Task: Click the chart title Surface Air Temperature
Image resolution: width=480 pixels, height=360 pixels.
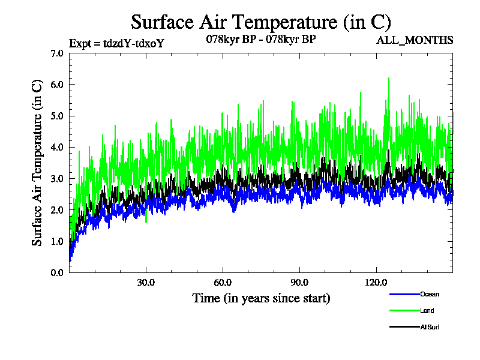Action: tap(261, 22)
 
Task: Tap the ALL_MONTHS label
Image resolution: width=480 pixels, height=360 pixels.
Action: tap(415, 41)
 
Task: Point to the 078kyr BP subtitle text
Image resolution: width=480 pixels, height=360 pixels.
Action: tap(261, 40)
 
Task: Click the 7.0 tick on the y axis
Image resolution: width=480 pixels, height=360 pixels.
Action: tap(57, 53)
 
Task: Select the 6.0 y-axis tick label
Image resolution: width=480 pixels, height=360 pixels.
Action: tap(57, 85)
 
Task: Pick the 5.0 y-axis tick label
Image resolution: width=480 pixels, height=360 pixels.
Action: tap(57, 116)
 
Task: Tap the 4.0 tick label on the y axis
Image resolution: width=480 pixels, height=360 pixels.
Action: tap(57, 147)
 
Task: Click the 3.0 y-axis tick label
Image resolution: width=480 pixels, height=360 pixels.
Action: tap(57, 179)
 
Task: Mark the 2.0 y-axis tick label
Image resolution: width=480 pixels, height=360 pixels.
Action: tap(57, 210)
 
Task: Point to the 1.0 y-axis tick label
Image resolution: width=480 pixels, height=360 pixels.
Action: tap(57, 241)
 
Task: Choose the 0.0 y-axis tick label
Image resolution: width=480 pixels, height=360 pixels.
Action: tap(57, 272)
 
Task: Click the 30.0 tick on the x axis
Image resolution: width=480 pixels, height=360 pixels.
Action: tap(146, 283)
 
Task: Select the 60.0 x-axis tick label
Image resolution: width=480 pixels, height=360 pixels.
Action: tap(223, 283)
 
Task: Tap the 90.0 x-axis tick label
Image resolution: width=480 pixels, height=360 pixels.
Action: tap(299, 283)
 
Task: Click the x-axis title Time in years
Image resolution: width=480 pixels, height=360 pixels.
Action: tap(261, 298)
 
